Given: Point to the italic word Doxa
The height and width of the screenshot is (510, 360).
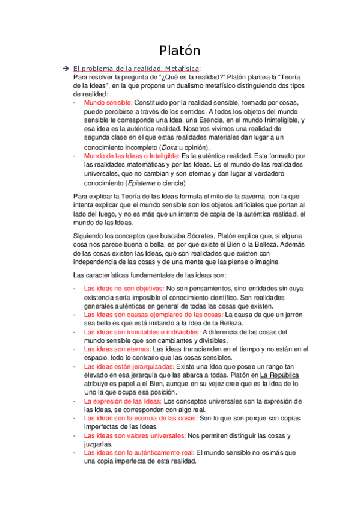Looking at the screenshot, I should point(170,147).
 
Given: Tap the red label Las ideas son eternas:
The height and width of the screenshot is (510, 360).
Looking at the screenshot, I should point(117,349).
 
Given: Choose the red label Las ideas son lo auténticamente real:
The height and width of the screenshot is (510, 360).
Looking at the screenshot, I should point(139,452).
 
